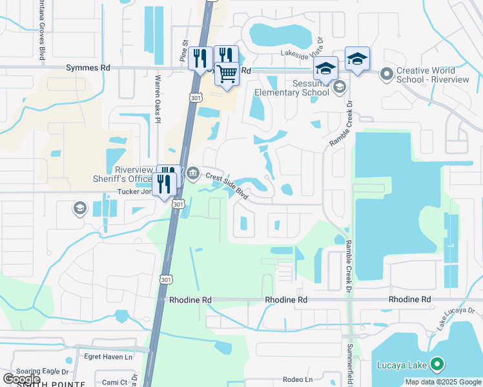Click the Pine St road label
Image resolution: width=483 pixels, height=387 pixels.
184,52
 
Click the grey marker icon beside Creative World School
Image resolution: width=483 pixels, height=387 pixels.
387,74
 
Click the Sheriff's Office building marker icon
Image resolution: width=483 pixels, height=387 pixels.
192,174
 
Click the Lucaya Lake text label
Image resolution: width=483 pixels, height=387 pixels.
402,366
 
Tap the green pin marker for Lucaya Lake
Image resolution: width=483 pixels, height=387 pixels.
437,365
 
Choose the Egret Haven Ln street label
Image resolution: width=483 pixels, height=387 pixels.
108,356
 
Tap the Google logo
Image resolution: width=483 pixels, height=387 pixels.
22,379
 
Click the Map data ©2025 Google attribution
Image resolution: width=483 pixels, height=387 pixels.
442,382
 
